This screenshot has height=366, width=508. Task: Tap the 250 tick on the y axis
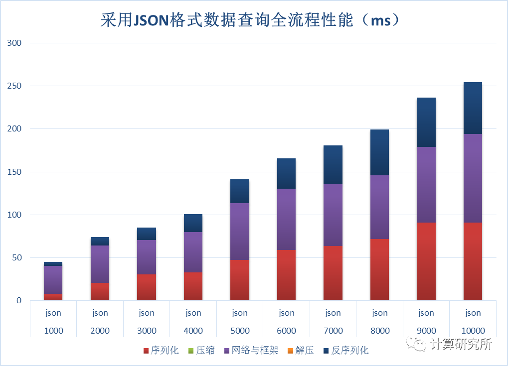pos(14,86)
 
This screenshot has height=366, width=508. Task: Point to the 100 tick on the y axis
pos(14,215)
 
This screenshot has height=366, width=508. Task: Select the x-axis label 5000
pos(240,331)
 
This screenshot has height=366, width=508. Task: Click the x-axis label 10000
pos(473,331)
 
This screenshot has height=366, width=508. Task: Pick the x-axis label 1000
pos(53,331)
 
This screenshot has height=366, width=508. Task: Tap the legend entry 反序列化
pos(350,351)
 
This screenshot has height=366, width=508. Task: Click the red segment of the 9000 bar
pos(426,261)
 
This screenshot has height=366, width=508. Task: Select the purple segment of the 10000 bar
pos(473,178)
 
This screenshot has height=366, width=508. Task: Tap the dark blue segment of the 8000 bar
pos(379,152)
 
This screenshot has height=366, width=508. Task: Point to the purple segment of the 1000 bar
pos(53,280)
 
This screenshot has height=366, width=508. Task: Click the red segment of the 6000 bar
pos(286,275)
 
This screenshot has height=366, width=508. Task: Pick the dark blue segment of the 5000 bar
pos(240,191)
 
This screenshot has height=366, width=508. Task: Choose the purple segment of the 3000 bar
pos(147,257)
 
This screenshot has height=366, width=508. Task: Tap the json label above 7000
pos(333,313)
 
